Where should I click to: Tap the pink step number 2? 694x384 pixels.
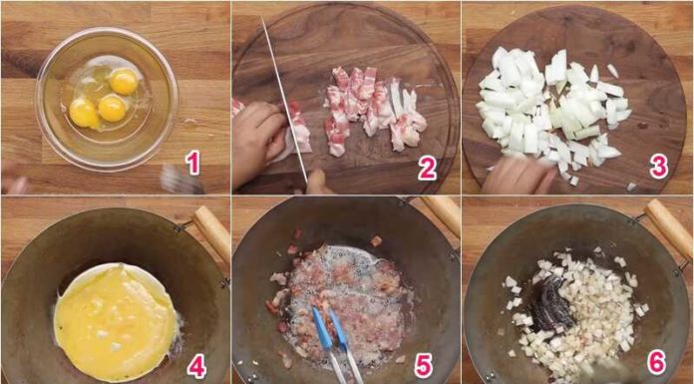coord(427,168)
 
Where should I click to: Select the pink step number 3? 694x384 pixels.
coord(659,167)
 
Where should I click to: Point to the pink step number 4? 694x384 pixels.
coord(196,366)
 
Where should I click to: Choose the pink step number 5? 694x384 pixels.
coord(424,366)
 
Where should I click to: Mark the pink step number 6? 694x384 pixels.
coord(657,366)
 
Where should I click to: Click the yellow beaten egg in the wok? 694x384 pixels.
coord(115,319)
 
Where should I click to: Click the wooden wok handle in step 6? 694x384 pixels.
coord(669,227)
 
